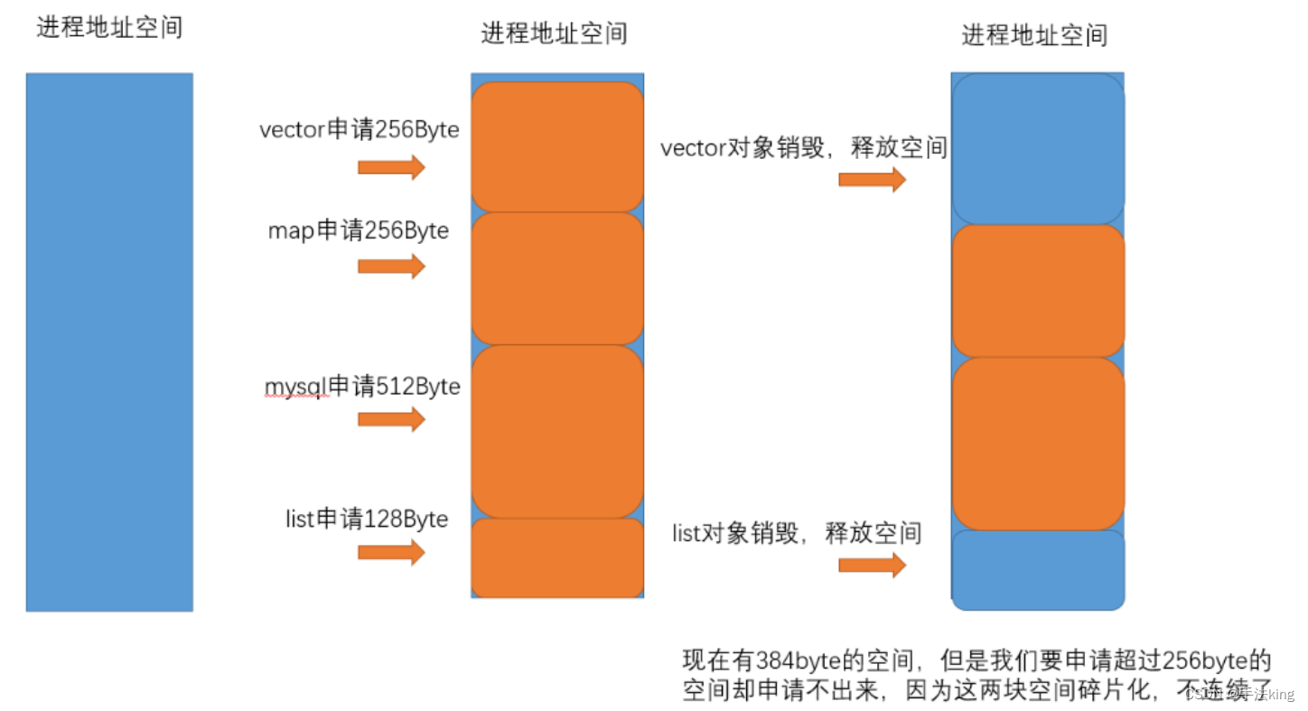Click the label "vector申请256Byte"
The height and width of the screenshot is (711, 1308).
click(x=359, y=130)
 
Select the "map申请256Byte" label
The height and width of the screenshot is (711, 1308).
click(x=358, y=231)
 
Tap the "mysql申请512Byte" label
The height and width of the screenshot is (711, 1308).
click(x=361, y=387)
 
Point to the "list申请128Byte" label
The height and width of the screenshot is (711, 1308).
click(x=366, y=519)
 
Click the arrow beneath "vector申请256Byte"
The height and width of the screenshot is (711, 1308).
click(x=391, y=167)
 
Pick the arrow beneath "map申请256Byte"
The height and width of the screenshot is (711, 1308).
click(x=391, y=267)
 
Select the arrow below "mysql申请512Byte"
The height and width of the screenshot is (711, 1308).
click(x=391, y=419)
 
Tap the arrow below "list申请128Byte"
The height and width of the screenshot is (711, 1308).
click(x=391, y=553)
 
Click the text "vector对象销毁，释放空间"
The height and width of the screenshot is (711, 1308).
click(x=803, y=149)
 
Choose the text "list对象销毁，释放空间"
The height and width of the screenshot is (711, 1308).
click(x=796, y=534)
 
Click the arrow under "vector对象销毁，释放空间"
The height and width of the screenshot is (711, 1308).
click(x=872, y=179)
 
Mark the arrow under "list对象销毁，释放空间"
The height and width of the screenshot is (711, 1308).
click(x=872, y=566)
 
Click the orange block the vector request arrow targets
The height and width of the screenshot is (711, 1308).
click(x=557, y=147)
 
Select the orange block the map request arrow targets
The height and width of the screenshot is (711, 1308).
click(x=557, y=278)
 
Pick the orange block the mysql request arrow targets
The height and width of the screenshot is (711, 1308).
click(x=557, y=431)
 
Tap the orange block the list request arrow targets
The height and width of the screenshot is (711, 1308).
click(x=557, y=557)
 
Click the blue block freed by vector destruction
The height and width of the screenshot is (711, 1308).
click(x=1038, y=149)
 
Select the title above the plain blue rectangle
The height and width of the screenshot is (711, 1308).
click(x=109, y=28)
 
